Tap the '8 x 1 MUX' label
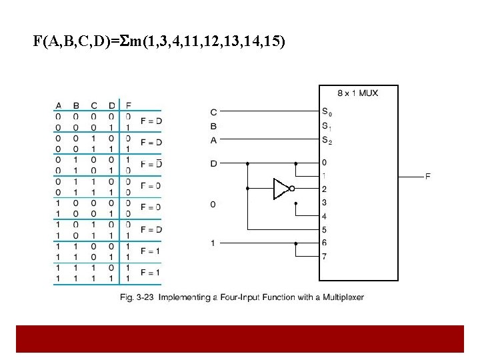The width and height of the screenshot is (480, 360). tap(359, 93)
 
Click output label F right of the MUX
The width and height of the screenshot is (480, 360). tap(427, 176)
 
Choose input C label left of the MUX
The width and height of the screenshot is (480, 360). tap(213, 112)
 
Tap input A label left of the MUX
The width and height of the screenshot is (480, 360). tap(213, 139)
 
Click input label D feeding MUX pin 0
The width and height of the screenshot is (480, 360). tap(213, 163)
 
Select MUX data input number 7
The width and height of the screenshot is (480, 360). tap(324, 257)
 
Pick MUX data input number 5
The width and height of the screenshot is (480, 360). tap(324, 230)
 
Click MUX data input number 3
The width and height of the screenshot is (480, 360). tap(324, 203)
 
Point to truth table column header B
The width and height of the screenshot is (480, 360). tap(76, 105)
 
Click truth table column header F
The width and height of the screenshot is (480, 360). tap(128, 105)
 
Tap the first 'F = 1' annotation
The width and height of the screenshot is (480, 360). tap(151, 251)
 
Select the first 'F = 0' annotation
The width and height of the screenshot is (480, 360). tap(151, 185)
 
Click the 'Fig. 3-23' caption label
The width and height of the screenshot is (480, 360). tap(136, 297)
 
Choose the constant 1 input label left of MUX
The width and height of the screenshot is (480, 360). tap(213, 243)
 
